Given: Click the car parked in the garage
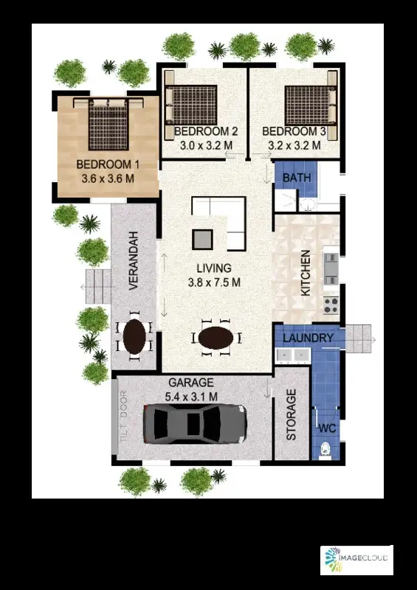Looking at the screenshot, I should click(194, 424).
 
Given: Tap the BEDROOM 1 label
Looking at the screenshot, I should click(107, 164).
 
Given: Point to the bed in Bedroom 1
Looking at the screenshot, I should click(108, 123).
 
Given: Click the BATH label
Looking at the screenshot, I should click(296, 178).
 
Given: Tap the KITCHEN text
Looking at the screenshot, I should click(306, 273).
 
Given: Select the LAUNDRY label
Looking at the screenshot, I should click(309, 339).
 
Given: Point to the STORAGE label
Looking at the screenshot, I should click(292, 415).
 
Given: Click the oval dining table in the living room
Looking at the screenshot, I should click(216, 339).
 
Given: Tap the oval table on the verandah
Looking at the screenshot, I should click(134, 337).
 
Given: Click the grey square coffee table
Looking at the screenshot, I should click(202, 238).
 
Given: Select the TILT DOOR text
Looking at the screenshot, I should click(124, 417).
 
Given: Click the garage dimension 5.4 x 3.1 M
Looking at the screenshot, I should click(192, 396).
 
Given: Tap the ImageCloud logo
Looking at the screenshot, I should click(356, 560).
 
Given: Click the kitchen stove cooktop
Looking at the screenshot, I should click(331, 302).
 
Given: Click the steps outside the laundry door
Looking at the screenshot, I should click(360, 338).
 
